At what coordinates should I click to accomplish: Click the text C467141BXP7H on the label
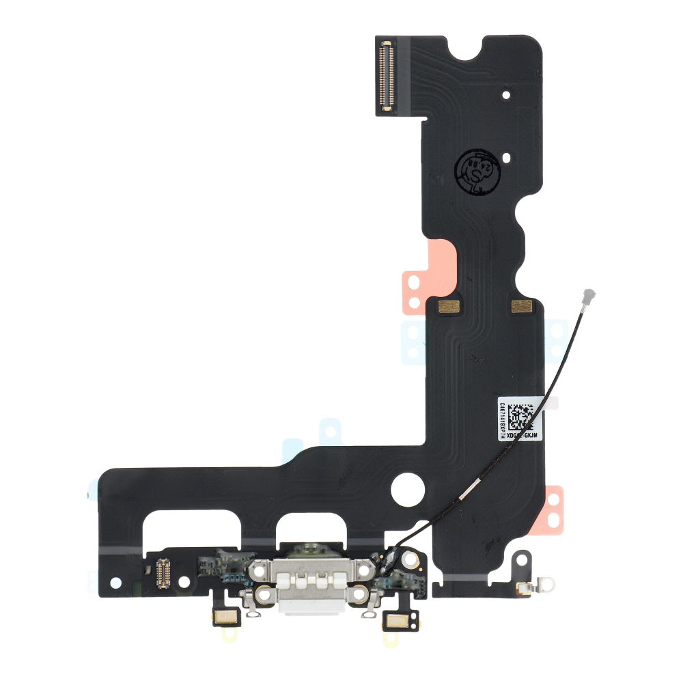coord(503,419)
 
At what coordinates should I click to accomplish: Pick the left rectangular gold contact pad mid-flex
coord(447,306)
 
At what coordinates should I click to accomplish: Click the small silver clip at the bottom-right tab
coord(526,586)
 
